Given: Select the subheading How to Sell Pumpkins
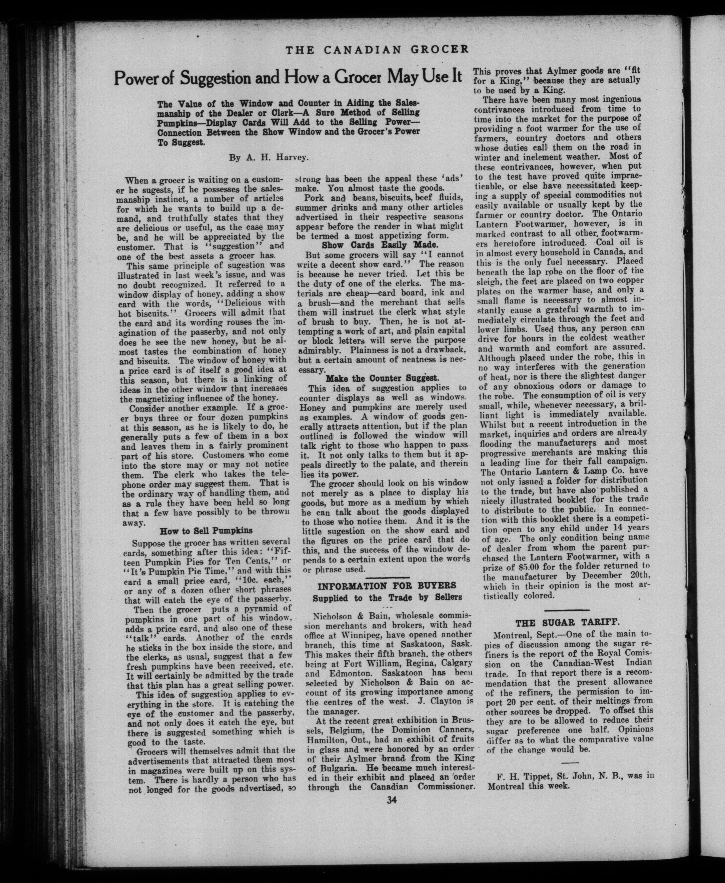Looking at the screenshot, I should pos(206,531).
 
